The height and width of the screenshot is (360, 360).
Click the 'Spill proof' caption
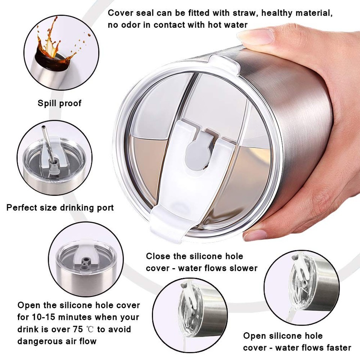(x=60, y=103)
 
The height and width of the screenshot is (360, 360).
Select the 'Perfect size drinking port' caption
(x=60, y=207)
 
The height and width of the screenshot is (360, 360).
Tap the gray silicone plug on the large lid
(x=199, y=152)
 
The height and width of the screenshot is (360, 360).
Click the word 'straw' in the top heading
(x=244, y=13)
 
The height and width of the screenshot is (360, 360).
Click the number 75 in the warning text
(x=78, y=329)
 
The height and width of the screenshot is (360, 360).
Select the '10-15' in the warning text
(x=42, y=317)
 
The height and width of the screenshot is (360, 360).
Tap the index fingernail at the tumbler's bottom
(x=255, y=234)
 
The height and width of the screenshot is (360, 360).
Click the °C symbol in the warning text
(x=90, y=330)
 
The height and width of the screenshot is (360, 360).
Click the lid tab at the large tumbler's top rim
(x=223, y=61)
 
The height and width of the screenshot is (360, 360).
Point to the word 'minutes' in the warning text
(x=74, y=317)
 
